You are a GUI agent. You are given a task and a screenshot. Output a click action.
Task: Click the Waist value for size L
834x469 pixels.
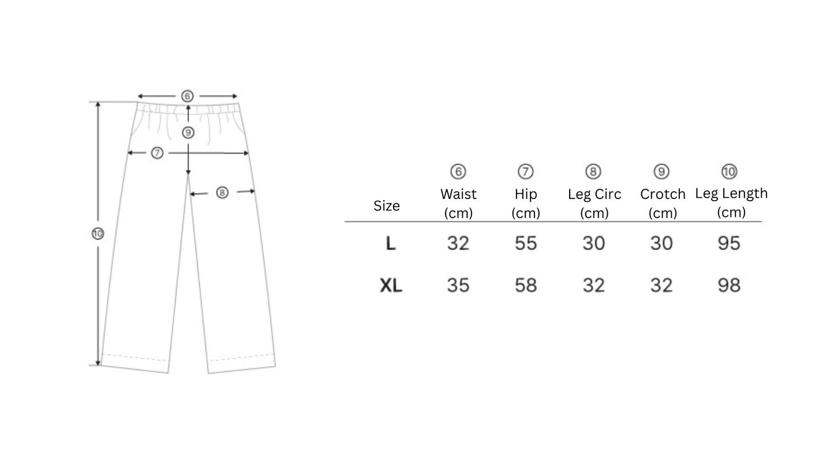tap(458, 243)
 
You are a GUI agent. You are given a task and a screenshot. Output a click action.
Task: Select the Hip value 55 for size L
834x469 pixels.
tap(526, 243)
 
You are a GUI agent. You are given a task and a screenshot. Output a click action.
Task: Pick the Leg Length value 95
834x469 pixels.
tap(729, 243)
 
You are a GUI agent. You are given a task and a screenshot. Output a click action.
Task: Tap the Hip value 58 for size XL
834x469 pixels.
tap(526, 286)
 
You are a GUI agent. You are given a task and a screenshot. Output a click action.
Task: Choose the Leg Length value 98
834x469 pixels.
tap(729, 286)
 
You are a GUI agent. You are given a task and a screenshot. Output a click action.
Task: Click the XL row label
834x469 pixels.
tap(391, 286)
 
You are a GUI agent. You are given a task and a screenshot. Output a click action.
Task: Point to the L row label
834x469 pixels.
tap(391, 244)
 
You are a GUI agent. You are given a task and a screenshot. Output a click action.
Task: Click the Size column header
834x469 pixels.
tap(387, 206)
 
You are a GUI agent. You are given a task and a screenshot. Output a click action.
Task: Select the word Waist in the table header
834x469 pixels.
tap(458, 194)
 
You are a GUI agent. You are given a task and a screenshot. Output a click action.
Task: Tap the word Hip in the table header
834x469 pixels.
tap(526, 194)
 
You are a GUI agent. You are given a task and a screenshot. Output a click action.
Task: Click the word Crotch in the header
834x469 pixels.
tap(663, 194)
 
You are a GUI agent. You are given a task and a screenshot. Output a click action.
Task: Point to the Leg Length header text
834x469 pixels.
tap(731, 194)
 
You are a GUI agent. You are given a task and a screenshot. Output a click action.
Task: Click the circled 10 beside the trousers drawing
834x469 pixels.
tap(98, 234)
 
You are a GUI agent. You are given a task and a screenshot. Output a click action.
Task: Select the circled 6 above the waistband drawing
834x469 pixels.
tap(187, 96)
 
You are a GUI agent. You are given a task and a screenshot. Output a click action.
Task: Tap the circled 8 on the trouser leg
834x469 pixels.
tap(222, 193)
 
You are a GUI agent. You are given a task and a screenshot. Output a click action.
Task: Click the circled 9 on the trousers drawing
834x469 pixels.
tap(188, 133)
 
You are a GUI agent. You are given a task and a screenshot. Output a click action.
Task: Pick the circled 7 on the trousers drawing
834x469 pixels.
tap(157, 153)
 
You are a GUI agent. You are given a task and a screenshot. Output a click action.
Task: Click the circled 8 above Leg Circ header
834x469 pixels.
tap(593, 171)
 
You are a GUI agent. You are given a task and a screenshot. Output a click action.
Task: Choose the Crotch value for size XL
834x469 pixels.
tap(661, 286)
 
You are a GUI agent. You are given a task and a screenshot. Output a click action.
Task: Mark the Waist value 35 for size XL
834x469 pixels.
tap(458, 286)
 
